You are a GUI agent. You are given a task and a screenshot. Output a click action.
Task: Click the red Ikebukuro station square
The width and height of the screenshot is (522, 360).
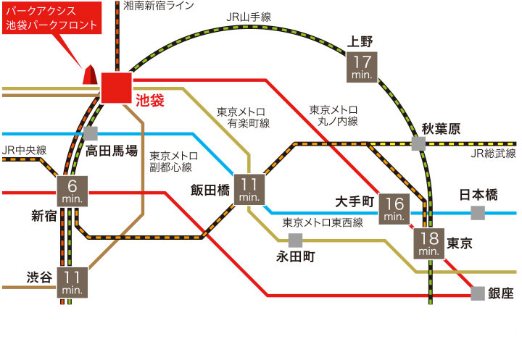coord(116,88)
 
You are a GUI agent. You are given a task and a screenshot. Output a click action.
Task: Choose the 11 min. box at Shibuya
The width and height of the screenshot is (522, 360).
coord(72,282)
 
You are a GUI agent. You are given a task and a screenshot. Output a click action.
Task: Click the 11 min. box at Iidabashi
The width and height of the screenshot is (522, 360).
coord(249,188)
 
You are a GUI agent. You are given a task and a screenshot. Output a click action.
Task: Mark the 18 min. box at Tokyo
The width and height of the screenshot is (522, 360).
coord(428,243)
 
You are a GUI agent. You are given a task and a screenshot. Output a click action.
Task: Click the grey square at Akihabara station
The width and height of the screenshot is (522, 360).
coord(418,143)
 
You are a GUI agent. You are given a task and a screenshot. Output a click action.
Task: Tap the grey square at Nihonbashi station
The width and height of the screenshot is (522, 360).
coord(477,213)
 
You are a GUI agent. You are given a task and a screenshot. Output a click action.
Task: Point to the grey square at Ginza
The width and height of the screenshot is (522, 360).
coord(477,293)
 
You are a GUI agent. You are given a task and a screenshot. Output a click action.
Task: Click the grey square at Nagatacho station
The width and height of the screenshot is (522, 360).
coord(294,240)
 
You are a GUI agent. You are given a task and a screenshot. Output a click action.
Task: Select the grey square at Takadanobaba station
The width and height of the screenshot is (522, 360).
coord(91,133)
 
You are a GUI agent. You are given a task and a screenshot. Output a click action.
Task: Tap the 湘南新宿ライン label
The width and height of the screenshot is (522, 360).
coord(159,7)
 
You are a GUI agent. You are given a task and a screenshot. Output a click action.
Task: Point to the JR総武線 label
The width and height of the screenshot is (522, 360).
coord(493,154)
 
